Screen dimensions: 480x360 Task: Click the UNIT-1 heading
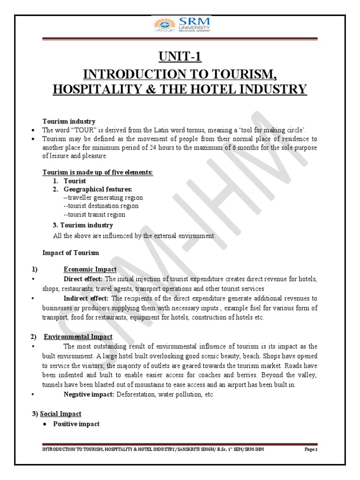(180, 57)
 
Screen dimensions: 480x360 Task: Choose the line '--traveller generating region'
(100, 197)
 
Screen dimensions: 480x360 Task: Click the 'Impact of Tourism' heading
(71, 253)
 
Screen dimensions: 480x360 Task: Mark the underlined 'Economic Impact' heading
(90, 269)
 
